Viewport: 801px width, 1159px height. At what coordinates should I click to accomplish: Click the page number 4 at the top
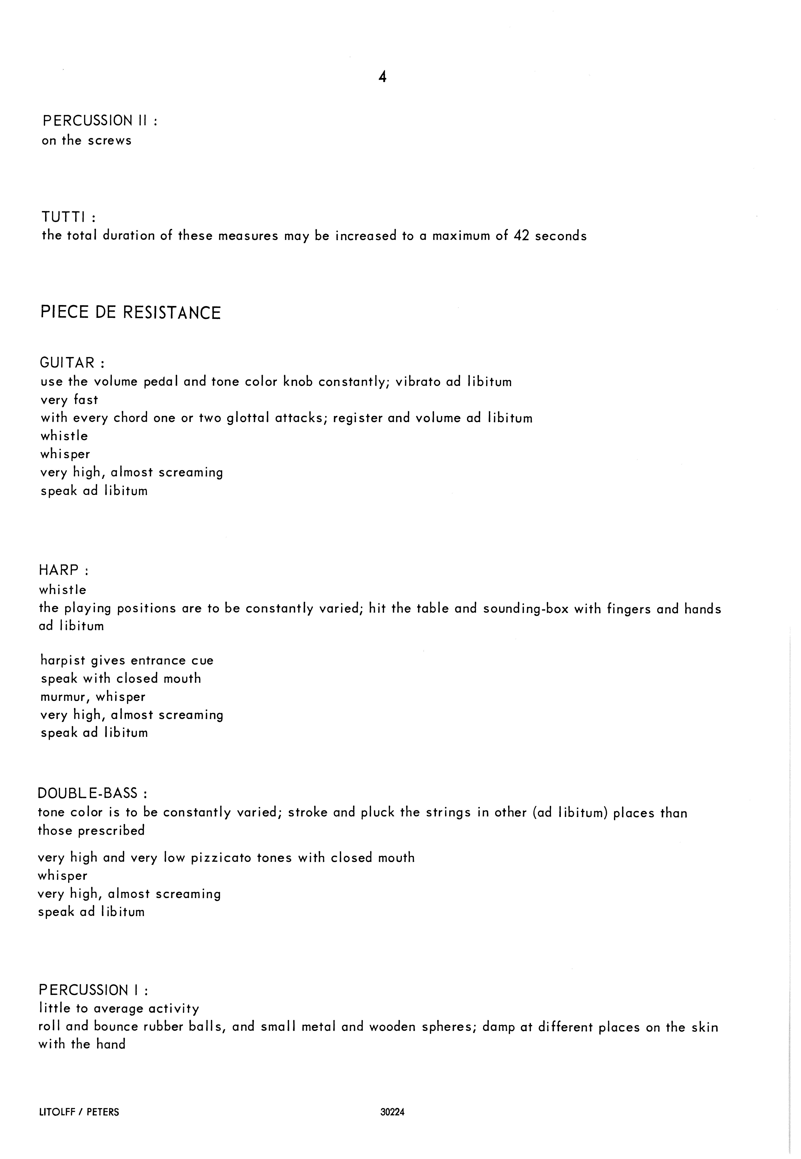(382, 77)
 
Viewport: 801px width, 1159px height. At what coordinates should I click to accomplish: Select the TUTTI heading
(68, 217)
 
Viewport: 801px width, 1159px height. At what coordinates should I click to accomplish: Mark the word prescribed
(111, 830)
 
